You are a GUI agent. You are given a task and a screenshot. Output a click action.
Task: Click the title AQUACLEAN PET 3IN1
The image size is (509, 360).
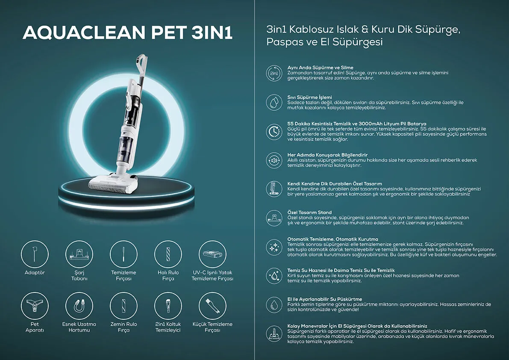tap(128, 33)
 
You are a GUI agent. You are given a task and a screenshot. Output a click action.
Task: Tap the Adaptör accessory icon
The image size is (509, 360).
tap(35, 254)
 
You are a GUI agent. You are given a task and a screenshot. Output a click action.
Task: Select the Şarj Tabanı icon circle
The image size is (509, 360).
tap(79, 254)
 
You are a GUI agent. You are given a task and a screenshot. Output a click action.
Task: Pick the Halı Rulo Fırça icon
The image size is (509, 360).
tap(168, 254)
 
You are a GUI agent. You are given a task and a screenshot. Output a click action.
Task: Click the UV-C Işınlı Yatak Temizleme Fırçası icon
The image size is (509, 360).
tap(213, 254)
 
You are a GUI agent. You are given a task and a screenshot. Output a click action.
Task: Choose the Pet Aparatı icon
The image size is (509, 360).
tap(35, 306)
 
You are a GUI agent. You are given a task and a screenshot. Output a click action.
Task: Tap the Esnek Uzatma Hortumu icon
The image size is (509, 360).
tap(79, 306)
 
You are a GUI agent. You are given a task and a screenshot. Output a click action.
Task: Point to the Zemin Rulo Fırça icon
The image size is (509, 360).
tap(124, 306)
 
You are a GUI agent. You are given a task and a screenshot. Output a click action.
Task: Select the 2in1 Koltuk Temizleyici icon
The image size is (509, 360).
tap(168, 306)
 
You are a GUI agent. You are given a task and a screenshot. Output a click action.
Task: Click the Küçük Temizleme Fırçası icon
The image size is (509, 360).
tap(213, 306)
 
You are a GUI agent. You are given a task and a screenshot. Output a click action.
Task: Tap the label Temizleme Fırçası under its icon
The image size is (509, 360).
tap(124, 276)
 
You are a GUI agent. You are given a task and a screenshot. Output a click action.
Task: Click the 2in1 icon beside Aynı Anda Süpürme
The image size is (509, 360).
tap(274, 73)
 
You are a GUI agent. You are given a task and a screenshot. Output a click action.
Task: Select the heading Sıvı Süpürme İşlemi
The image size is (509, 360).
tap(310, 97)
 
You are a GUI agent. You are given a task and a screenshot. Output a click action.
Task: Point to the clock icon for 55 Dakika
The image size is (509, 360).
tap(274, 131)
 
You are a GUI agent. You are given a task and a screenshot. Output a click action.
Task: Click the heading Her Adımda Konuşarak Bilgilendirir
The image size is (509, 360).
tap(327, 155)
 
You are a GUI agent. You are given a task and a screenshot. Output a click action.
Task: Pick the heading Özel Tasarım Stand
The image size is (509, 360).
tap(310, 212)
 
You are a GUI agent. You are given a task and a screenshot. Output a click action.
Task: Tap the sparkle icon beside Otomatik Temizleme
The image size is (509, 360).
tap(274, 247)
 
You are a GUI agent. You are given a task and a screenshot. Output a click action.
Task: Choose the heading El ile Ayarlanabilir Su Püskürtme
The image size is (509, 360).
tap(325, 299)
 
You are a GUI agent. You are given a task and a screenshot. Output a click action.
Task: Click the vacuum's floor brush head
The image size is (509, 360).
tap(113, 183)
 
